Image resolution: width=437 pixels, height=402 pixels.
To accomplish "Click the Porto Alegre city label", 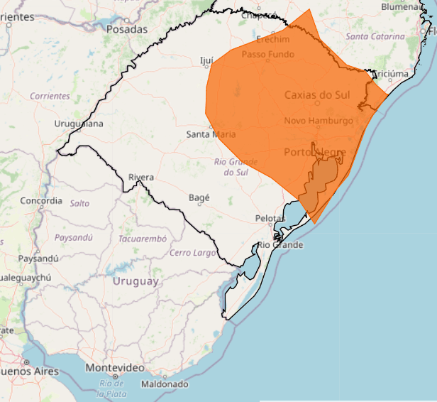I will click(x=313, y=153).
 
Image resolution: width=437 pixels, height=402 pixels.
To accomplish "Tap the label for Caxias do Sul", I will click(x=318, y=94).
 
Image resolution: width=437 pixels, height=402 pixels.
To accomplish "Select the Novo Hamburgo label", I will click(x=319, y=121).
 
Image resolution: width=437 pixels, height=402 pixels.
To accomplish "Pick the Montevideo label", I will click(x=115, y=368).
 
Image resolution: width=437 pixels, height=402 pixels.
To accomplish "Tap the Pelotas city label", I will click(x=270, y=218).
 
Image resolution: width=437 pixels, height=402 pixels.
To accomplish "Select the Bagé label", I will click(x=199, y=197).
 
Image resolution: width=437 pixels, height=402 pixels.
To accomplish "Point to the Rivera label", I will click(x=141, y=177).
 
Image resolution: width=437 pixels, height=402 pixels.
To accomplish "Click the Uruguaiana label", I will click(x=79, y=124).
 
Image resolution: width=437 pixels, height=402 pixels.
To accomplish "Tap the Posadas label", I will click(x=126, y=29).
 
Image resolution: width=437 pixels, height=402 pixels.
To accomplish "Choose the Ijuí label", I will click(x=207, y=62).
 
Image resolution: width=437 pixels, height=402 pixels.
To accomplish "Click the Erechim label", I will click(x=273, y=39).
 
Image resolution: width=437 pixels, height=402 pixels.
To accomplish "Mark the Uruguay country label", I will click(x=135, y=281).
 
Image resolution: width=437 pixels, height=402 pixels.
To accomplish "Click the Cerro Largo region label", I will click(x=192, y=253).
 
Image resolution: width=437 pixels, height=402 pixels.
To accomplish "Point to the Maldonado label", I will click(x=165, y=384).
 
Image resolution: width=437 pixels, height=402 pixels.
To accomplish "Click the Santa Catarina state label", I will click(x=375, y=36).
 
